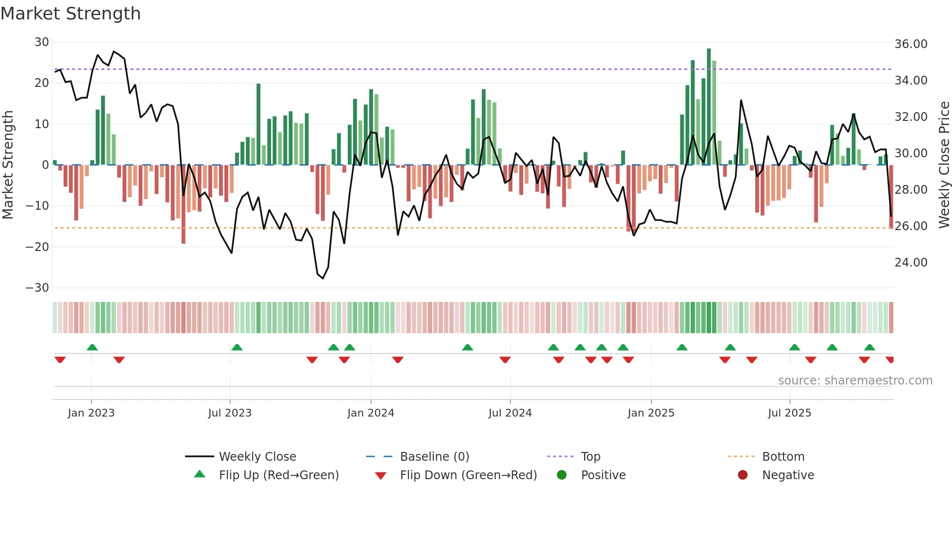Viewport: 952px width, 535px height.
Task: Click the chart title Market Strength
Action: pos(71,14)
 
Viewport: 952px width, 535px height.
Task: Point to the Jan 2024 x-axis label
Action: pos(371,413)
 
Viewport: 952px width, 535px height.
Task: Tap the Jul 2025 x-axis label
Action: pos(789,413)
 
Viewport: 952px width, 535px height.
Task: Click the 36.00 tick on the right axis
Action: pos(911,44)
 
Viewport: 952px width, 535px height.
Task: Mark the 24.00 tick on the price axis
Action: pos(911,263)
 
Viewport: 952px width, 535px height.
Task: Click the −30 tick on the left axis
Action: pos(37,288)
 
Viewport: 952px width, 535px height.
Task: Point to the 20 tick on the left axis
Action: pos(42,83)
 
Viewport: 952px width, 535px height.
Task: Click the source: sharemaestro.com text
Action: pos(855,381)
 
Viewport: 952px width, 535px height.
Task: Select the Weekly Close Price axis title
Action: pos(944,165)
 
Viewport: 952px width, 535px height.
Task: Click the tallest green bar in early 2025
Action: pos(709,107)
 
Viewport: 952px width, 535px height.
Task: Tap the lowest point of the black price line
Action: pos(323,278)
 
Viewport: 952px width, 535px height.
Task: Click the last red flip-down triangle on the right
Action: pos(889,360)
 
